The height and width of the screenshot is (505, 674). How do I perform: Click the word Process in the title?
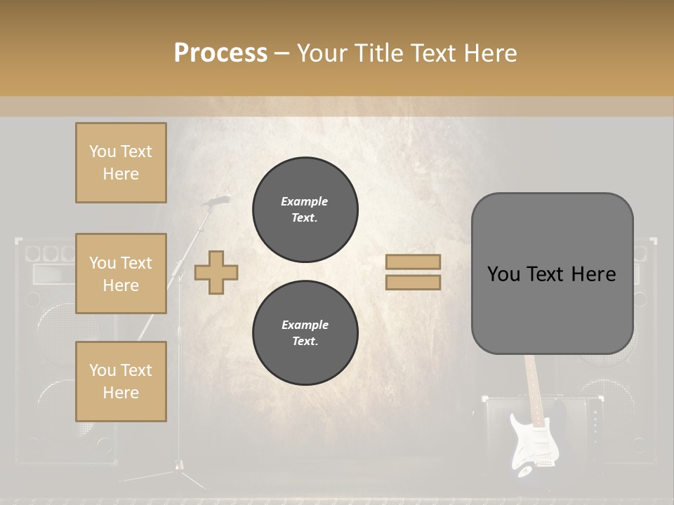tap(220, 53)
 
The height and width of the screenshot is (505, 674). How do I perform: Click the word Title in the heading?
tap(378, 53)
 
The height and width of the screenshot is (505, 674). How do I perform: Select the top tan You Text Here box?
tap(121, 163)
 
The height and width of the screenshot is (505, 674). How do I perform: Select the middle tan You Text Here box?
tap(121, 274)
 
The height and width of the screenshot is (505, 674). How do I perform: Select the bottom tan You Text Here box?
tap(121, 382)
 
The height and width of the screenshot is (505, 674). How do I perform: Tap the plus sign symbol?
tap(216, 272)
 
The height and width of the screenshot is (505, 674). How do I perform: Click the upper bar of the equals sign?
tap(413, 262)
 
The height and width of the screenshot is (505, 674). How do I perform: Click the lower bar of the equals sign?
tap(413, 282)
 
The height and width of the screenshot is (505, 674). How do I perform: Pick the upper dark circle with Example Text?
tap(305, 210)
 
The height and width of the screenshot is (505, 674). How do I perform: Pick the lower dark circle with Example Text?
tap(305, 333)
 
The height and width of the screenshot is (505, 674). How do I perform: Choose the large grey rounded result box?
tap(552, 274)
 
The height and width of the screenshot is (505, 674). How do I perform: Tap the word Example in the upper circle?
tap(305, 201)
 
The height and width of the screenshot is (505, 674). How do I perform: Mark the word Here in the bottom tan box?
tap(121, 393)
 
